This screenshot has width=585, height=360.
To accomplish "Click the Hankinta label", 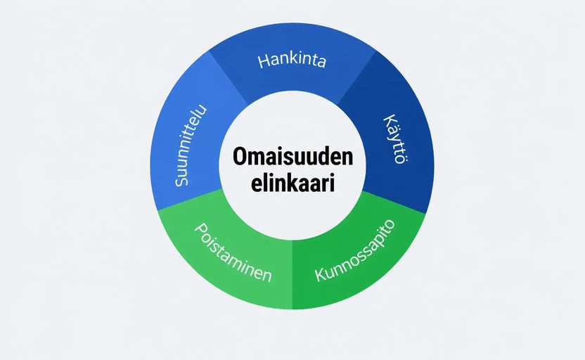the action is [x=292, y=60].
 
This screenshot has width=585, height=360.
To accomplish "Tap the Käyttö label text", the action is [x=397, y=139].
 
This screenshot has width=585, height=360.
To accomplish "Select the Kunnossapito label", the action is [x=355, y=250].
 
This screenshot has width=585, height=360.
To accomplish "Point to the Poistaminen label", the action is [x=233, y=253].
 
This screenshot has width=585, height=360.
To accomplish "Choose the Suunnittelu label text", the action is [x=191, y=145].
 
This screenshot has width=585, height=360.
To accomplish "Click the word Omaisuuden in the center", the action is [x=293, y=157].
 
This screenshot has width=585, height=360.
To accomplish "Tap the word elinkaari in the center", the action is [x=293, y=184].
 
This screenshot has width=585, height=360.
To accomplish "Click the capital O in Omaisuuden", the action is [x=241, y=157].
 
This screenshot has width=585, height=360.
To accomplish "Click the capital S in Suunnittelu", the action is [x=181, y=180].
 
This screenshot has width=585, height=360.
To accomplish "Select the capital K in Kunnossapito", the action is [x=321, y=274].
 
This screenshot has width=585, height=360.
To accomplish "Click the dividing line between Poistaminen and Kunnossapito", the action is [x=292, y=274].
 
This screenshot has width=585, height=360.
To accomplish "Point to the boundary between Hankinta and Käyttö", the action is [x=356, y=77].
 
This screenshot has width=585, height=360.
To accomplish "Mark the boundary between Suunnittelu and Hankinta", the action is [x=229, y=77].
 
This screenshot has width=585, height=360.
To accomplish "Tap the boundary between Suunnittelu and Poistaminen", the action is [x=191, y=200].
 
